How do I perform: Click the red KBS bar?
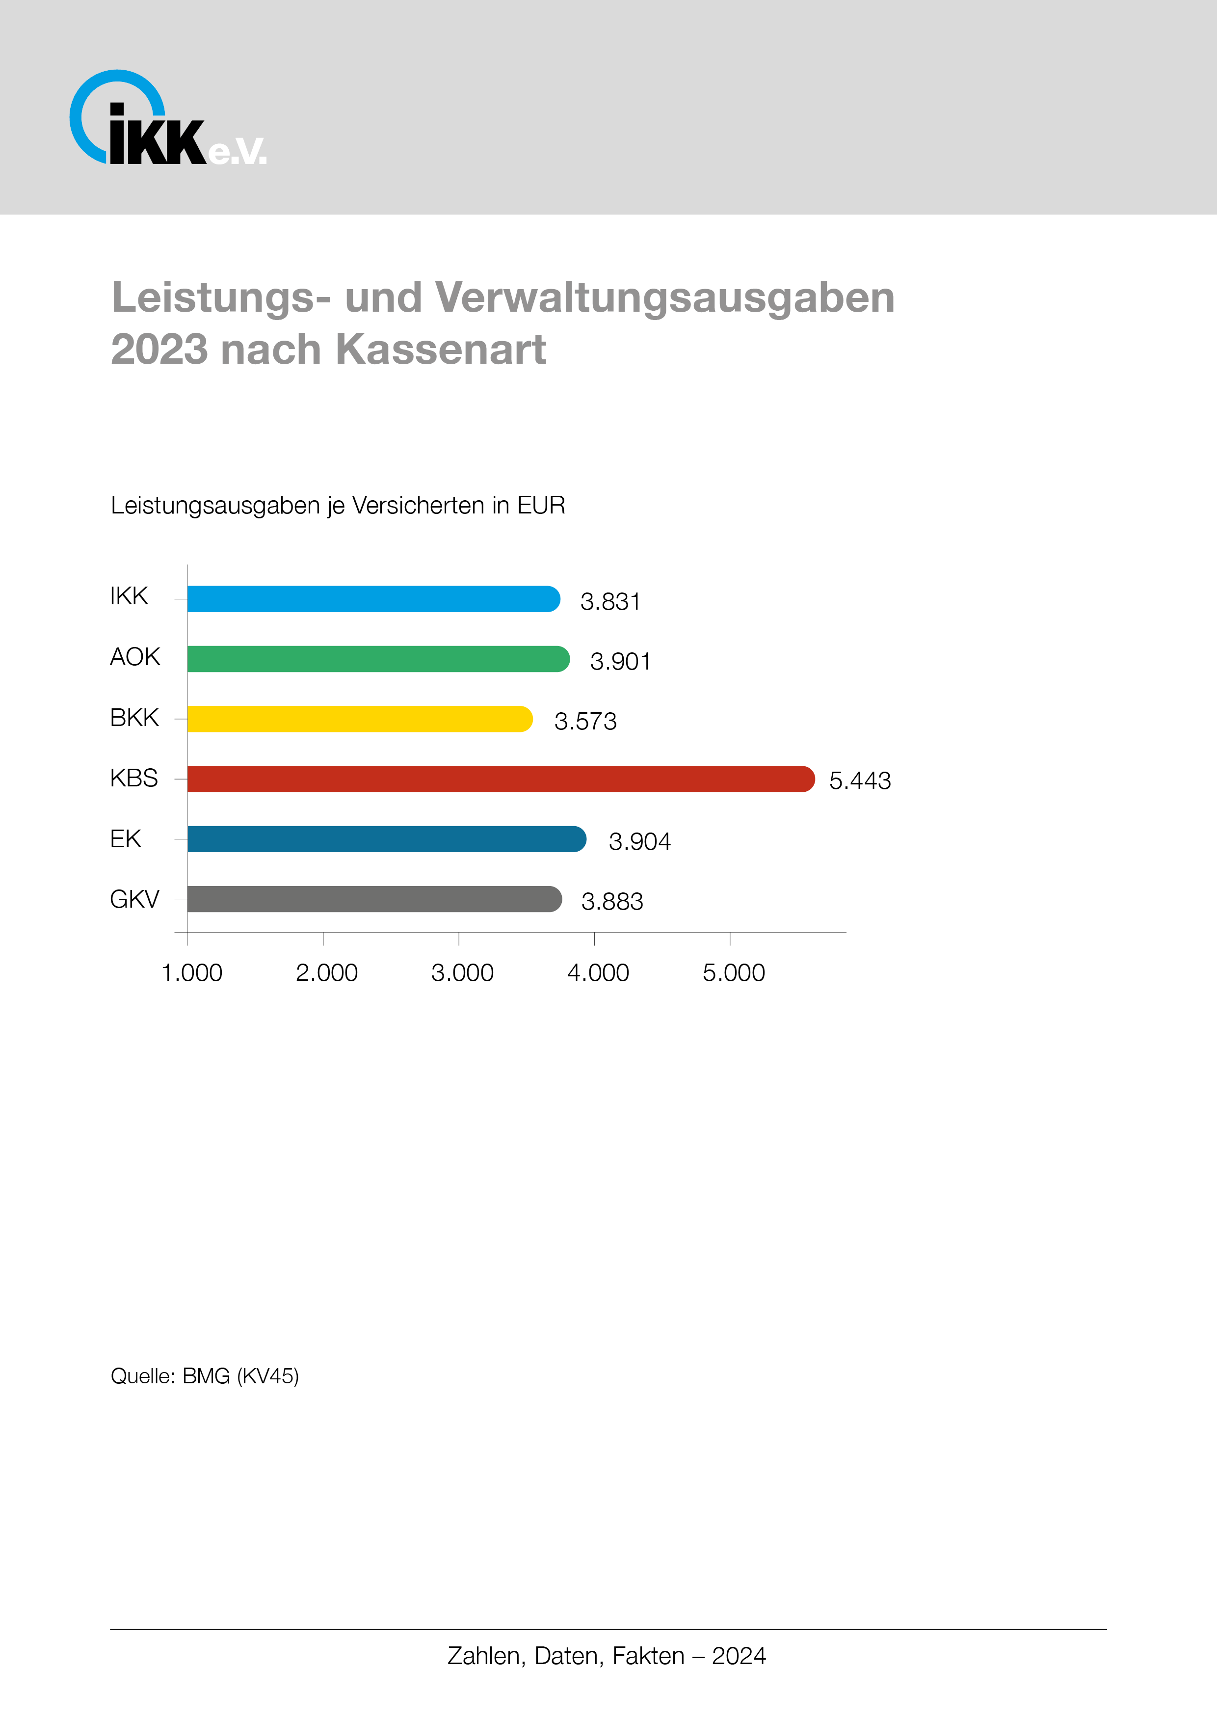[500, 779]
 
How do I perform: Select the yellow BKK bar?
[360, 719]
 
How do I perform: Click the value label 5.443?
[859, 781]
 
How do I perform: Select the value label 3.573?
[585, 722]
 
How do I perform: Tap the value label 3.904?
[639, 841]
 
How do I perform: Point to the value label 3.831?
[610, 601]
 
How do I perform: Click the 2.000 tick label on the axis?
[326, 973]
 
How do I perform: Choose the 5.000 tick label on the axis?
[733, 973]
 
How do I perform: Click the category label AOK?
[135, 657]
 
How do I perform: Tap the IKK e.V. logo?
[166, 118]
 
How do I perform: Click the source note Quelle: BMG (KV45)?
[205, 1376]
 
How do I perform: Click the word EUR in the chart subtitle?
[541, 506]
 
